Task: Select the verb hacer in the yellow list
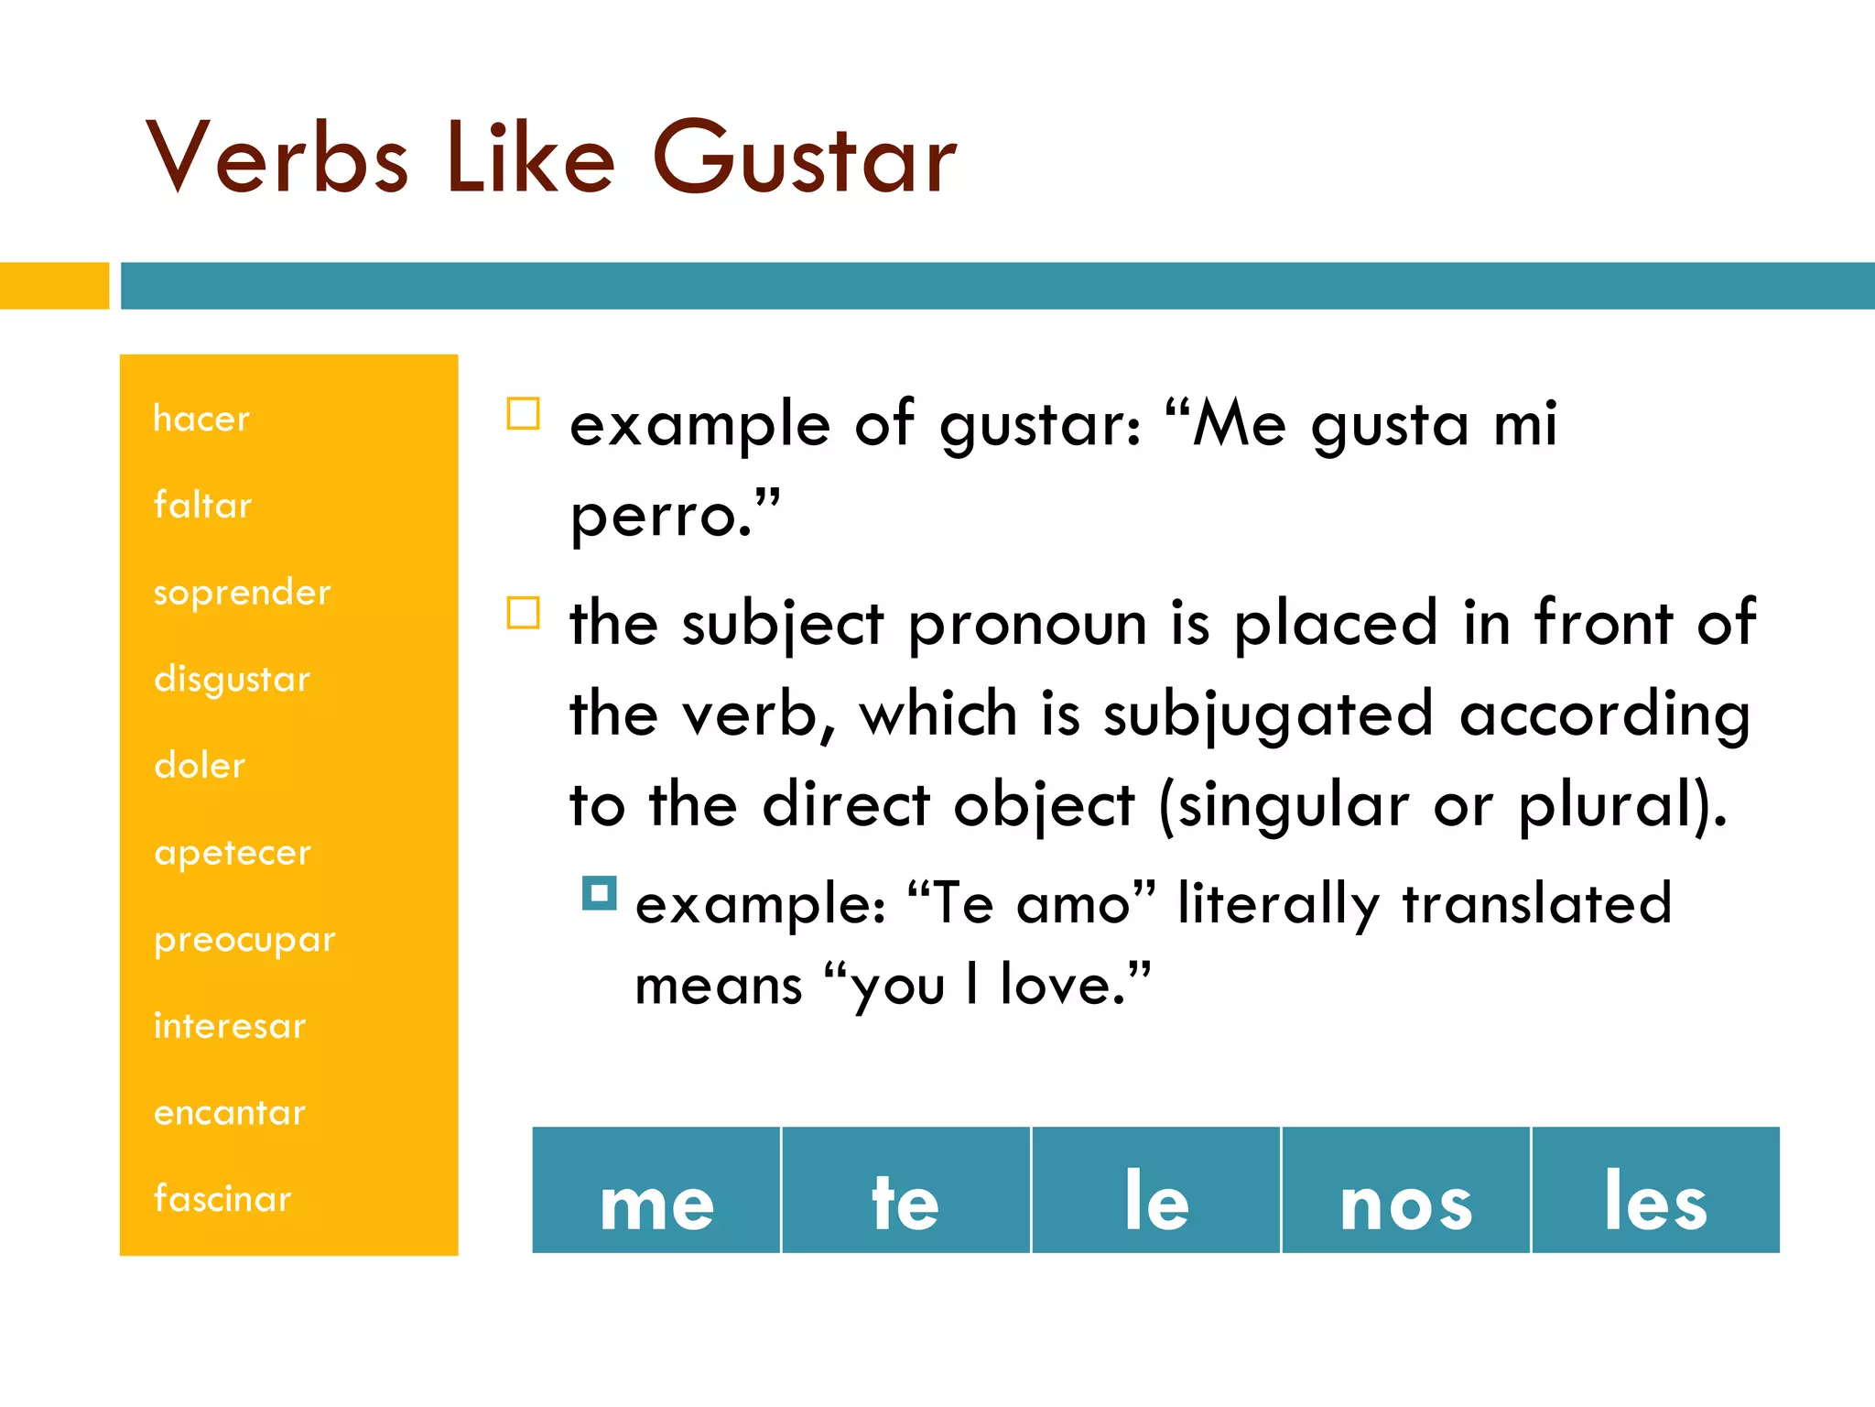pyautogui.click(x=201, y=419)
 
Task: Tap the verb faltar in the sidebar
pyautogui.click(x=202, y=505)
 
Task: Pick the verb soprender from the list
pyautogui.click(x=242, y=592)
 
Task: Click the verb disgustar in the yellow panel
pyautogui.click(x=233, y=679)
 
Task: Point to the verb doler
pyautogui.click(x=200, y=765)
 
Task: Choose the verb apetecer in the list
pyautogui.click(x=233, y=853)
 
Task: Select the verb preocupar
pyautogui.click(x=244, y=940)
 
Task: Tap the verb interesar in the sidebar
pyautogui.click(x=230, y=1026)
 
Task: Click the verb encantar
pyautogui.click(x=230, y=1112)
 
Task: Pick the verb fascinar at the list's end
pyautogui.click(x=222, y=1199)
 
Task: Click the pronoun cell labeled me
pyautogui.click(x=656, y=1191)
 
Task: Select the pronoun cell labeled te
pyautogui.click(x=905, y=1191)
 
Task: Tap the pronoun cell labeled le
pyautogui.click(x=1156, y=1191)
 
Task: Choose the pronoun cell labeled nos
pyautogui.click(x=1406, y=1191)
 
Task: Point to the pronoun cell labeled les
pyautogui.click(x=1655, y=1191)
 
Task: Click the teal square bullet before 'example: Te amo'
pyautogui.click(x=600, y=892)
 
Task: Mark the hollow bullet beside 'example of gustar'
pyautogui.click(x=524, y=413)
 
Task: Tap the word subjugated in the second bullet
pyautogui.click(x=1267, y=715)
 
